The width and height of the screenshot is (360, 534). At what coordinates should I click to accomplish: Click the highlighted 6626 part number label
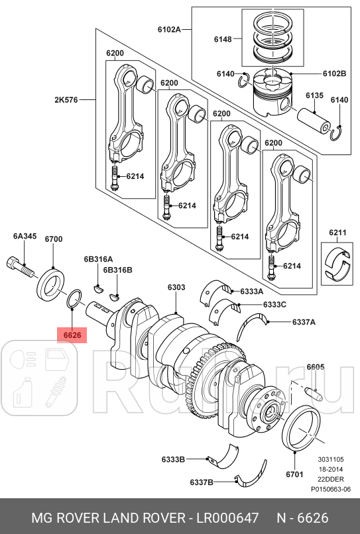click(x=72, y=335)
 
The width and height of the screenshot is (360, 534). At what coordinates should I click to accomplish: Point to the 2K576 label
click(x=67, y=100)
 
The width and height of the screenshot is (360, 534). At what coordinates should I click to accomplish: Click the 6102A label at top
click(x=170, y=30)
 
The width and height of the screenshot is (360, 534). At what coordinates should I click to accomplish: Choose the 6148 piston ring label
click(x=223, y=40)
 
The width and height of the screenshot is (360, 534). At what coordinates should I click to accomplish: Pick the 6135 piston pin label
click(x=314, y=95)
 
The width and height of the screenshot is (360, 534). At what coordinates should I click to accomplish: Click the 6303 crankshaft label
click(x=176, y=288)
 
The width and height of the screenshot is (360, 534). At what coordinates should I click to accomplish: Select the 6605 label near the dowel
click(x=316, y=367)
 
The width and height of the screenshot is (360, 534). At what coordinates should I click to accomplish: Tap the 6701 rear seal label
click(x=294, y=474)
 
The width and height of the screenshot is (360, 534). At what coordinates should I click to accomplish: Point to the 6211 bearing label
click(x=338, y=233)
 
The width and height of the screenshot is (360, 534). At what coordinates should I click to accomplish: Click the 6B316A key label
click(x=98, y=259)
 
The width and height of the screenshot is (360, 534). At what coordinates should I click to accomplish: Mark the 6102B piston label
click(x=335, y=74)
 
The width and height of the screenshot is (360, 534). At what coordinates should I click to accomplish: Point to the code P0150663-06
click(x=331, y=490)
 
